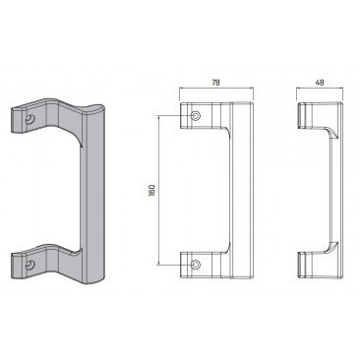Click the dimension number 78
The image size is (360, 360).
tap(215, 83)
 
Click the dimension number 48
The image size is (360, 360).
tap(320, 83)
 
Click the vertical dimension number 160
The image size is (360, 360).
tap(151, 190)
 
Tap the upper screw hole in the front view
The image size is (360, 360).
tap(196, 115)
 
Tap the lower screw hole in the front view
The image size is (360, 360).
tap(196, 264)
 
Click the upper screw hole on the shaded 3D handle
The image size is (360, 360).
tap(30, 119)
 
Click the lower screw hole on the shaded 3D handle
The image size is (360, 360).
tap(30, 264)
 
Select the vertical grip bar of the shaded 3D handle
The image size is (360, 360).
tap(93, 194)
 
